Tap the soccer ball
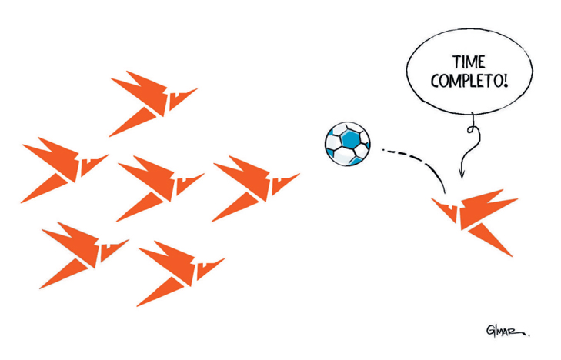[347, 144]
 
